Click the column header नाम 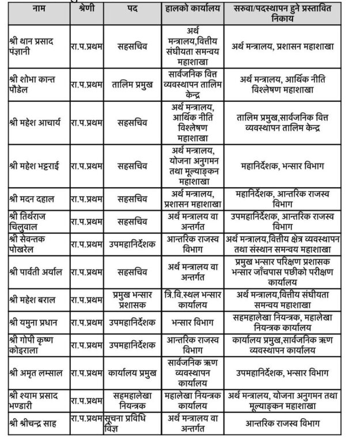click(x=38, y=11)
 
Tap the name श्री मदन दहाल click(x=34, y=198)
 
